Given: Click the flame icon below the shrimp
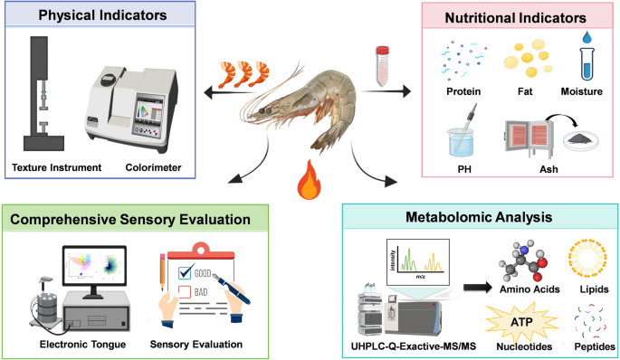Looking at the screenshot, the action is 309,180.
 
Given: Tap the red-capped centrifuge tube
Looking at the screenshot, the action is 382,66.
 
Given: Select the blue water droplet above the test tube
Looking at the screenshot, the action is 587,38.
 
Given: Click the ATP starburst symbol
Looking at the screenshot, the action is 521,322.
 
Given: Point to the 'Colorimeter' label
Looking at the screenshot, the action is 154,167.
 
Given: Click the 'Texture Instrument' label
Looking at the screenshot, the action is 56,167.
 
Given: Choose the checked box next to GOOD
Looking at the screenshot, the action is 185,272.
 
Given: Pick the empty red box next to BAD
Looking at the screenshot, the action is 185,292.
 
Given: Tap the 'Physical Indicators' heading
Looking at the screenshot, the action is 102,15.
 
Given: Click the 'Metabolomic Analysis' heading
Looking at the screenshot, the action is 479,217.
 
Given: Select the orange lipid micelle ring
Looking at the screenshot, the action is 587,258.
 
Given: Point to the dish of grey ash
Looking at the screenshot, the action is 581,140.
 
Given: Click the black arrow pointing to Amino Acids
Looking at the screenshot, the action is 478,288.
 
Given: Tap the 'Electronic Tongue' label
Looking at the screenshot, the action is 82,345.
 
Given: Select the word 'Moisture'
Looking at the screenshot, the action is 582,91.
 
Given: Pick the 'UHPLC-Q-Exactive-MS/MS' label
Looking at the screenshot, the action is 414,346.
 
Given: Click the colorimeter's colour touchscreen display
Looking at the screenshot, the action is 148,110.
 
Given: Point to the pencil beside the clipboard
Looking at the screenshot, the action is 162,272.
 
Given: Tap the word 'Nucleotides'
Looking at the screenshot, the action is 524,346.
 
